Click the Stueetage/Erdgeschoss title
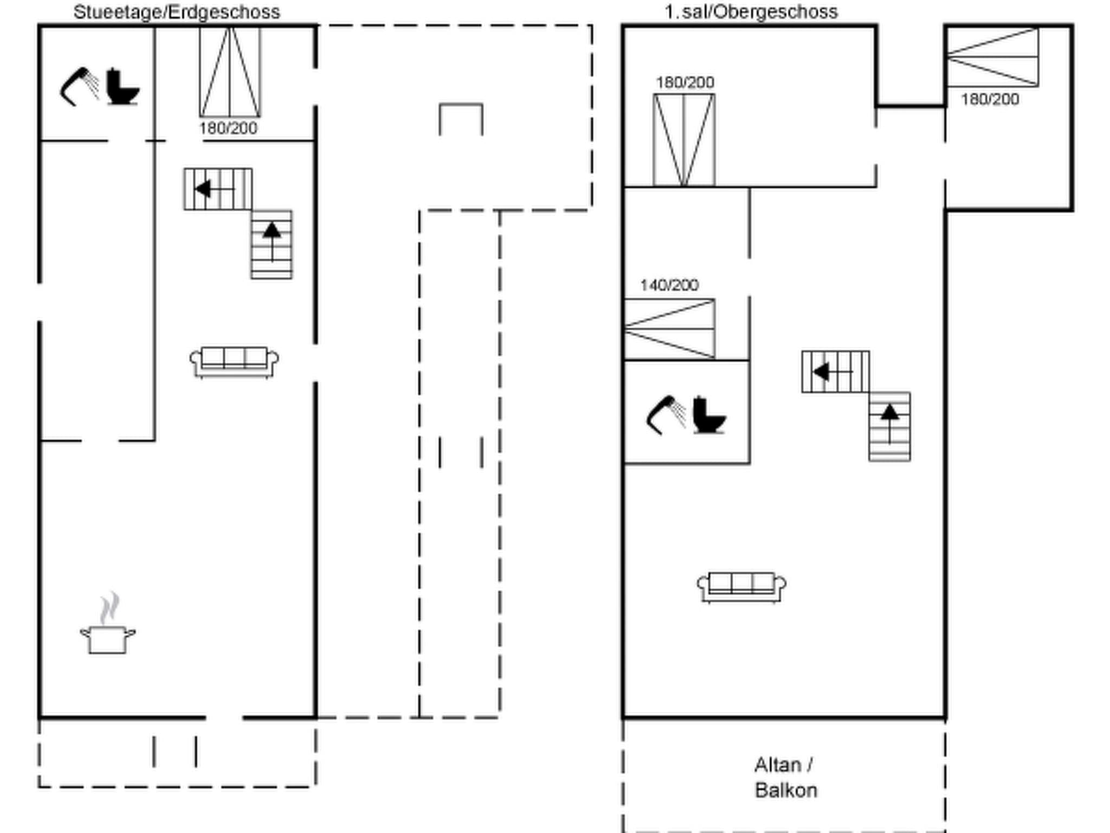coord(177,12)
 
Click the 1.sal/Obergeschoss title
coord(751,12)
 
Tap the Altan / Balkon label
coord(785,778)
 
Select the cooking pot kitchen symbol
coord(108,638)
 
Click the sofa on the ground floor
coord(234,361)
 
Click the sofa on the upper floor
coord(741,586)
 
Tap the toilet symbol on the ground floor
coord(122,87)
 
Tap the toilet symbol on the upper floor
coord(709,415)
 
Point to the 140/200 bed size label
coord(669,285)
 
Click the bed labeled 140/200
coord(669,329)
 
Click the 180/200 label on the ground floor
coord(228,129)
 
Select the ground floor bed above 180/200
coord(230,72)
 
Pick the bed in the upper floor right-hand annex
coord(992,57)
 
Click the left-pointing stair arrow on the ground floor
coord(204,189)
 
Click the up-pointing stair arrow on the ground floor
coord(272,231)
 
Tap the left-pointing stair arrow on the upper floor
coord(822,372)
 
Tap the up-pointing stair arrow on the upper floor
coord(889,413)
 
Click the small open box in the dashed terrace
coord(461,119)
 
